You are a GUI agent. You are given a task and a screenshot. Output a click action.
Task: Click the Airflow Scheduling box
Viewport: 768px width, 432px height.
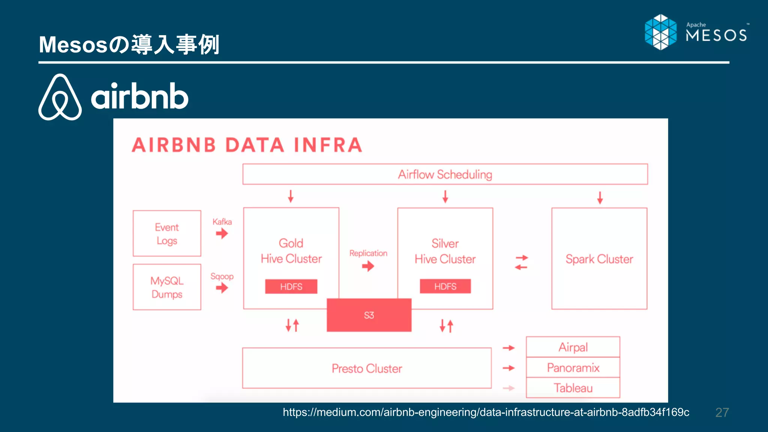click(x=445, y=174)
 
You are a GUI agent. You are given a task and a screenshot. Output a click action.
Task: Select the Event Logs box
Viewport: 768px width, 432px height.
click(x=167, y=234)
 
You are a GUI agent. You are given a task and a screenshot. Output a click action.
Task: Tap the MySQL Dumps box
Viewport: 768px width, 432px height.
click(x=167, y=287)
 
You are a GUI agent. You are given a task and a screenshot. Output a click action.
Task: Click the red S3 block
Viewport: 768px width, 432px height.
click(x=369, y=315)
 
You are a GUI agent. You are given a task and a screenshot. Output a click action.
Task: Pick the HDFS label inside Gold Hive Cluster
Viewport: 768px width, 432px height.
click(x=291, y=286)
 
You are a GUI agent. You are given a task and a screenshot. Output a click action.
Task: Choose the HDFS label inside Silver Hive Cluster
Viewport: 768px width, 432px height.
click(x=445, y=286)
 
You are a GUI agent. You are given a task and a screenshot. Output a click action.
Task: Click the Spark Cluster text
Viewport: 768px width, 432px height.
click(x=599, y=259)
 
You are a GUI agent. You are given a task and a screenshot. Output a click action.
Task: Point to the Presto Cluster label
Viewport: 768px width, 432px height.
click(x=367, y=369)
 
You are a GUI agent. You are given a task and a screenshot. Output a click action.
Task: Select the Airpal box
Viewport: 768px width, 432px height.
click(x=573, y=347)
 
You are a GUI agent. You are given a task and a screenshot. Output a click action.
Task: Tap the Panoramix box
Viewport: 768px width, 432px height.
click(x=573, y=367)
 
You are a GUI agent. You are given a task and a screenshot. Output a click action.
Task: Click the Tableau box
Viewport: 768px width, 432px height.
click(x=573, y=388)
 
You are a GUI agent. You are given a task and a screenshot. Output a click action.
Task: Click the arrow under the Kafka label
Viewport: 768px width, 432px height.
click(x=222, y=234)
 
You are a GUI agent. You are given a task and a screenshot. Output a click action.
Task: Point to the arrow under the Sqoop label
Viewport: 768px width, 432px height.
click(x=222, y=288)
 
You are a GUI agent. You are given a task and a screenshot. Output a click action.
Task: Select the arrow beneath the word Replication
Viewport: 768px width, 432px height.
click(x=368, y=266)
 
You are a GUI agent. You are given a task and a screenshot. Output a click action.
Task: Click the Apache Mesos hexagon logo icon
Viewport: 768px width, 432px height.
click(x=661, y=32)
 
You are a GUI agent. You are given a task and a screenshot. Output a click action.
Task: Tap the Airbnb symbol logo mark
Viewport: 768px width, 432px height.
click(x=60, y=97)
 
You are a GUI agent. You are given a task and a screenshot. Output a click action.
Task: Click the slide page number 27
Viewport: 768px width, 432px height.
click(x=722, y=412)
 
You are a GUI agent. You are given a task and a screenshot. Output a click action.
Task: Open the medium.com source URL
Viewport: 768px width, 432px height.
click(x=486, y=412)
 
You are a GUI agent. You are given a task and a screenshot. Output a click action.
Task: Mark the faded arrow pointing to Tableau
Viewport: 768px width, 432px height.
click(x=508, y=388)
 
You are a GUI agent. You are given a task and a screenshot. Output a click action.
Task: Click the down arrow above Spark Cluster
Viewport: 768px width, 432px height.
click(x=600, y=197)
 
